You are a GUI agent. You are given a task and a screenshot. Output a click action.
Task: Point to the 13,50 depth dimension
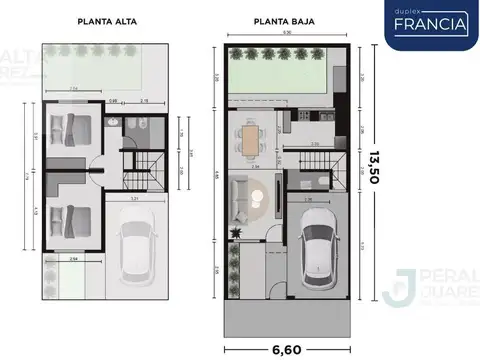click(373, 167)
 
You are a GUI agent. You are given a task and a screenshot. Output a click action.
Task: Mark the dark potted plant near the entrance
click(235, 231)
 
